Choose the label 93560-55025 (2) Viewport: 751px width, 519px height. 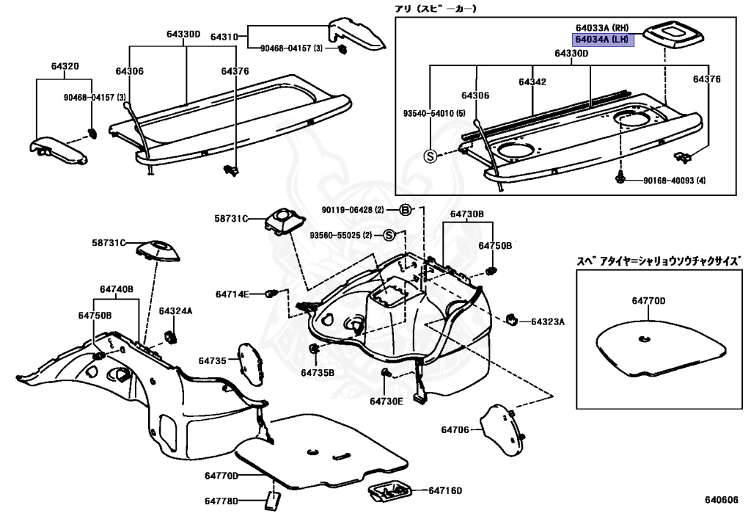(341, 235)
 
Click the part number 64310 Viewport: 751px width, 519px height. (224, 37)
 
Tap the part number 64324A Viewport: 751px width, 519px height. (175, 311)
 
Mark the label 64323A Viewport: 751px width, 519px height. (547, 322)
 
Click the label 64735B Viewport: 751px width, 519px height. (317, 372)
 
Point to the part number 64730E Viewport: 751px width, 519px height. (387, 402)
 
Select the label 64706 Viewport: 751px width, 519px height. (455, 429)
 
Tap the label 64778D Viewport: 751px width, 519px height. (221, 501)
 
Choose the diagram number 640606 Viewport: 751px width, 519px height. (722, 501)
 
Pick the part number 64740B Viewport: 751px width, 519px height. (117, 289)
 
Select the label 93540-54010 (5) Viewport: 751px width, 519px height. (434, 115)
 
